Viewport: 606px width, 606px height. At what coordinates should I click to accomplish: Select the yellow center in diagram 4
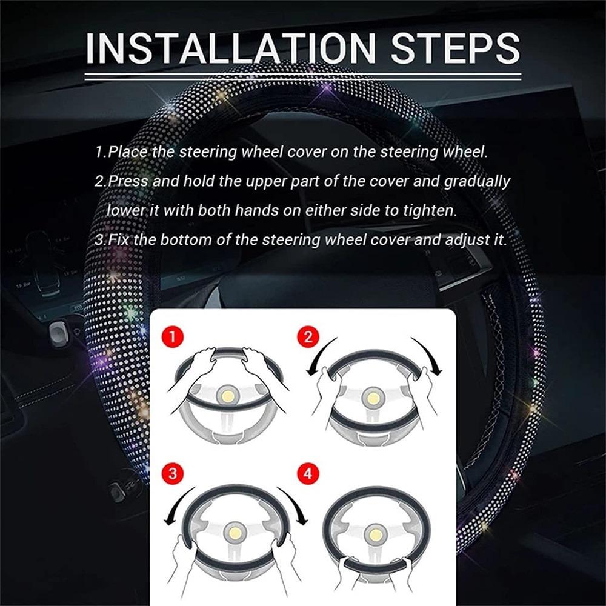click(374, 533)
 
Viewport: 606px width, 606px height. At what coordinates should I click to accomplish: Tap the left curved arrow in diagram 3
click(176, 503)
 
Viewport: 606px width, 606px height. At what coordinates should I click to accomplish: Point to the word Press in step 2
click(129, 182)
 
